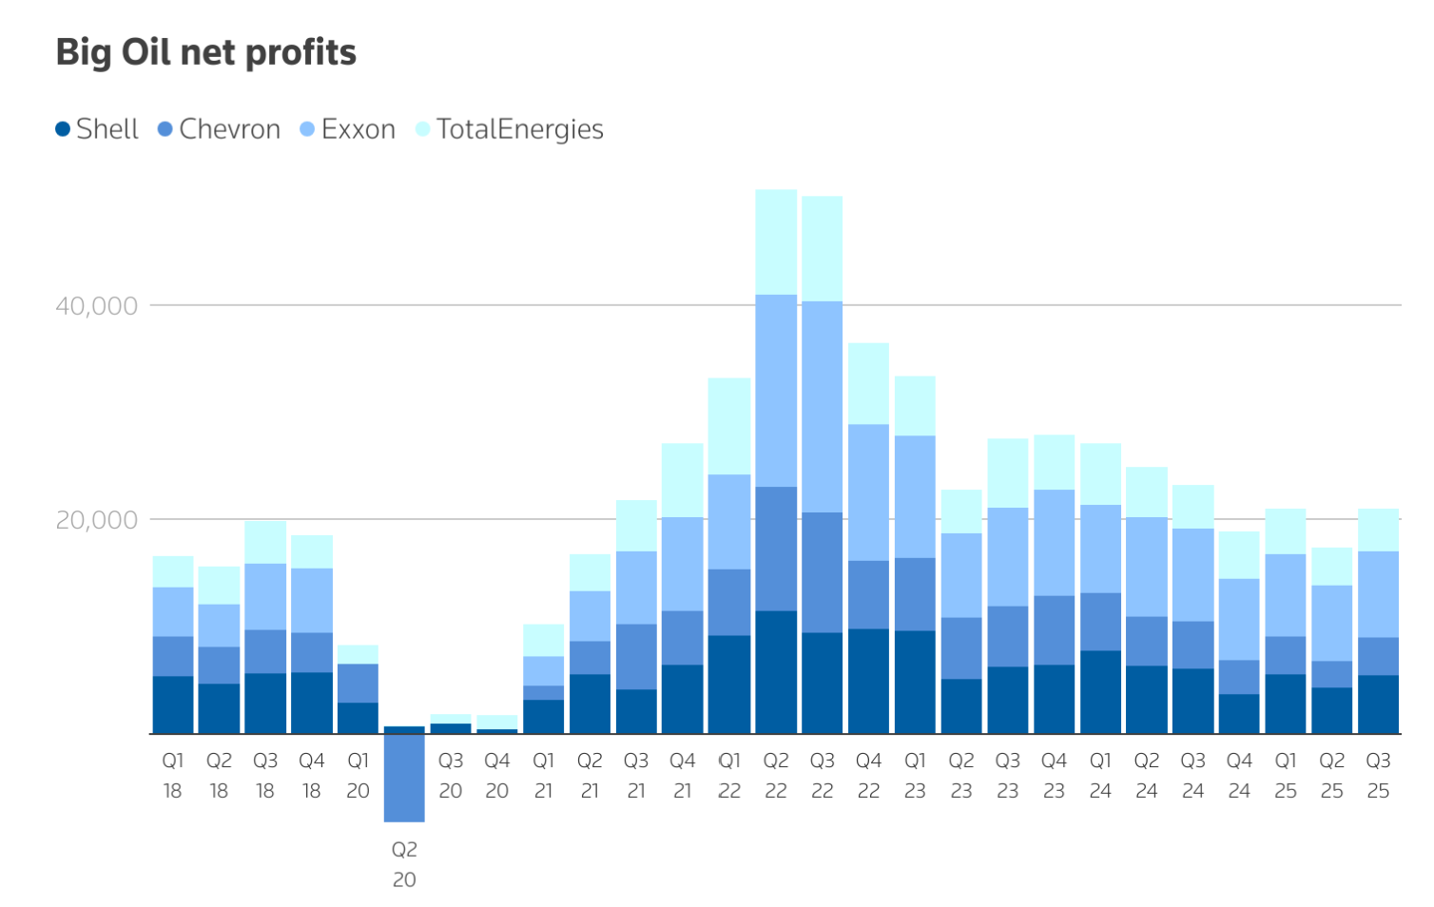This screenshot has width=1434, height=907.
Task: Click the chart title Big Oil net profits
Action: coord(205,52)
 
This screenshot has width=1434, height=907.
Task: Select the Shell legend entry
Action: coord(97,129)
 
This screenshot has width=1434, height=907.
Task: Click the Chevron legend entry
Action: coord(219,129)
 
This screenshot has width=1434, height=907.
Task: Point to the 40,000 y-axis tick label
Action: coord(96,306)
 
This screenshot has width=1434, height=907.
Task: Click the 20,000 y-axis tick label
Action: coord(96,520)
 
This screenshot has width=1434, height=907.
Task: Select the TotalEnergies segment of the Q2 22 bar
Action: coord(776,241)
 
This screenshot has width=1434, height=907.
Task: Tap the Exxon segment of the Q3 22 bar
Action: coord(822,407)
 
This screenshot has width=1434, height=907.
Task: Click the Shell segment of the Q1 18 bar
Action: coord(173,704)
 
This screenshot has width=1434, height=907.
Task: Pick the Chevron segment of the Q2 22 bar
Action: coord(776,549)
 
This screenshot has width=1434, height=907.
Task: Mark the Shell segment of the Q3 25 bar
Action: coord(1378,704)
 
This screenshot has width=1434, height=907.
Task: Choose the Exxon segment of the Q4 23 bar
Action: coord(1054,543)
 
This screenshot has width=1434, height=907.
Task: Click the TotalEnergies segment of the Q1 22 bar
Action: coord(729,426)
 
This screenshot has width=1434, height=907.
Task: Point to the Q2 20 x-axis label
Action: coord(404,864)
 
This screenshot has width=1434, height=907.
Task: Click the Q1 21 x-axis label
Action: coord(543,776)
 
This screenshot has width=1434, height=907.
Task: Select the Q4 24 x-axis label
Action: coord(1239,776)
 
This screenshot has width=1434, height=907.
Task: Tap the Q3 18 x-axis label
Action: coord(265,776)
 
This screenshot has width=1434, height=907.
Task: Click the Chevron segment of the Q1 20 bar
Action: coord(358,683)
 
